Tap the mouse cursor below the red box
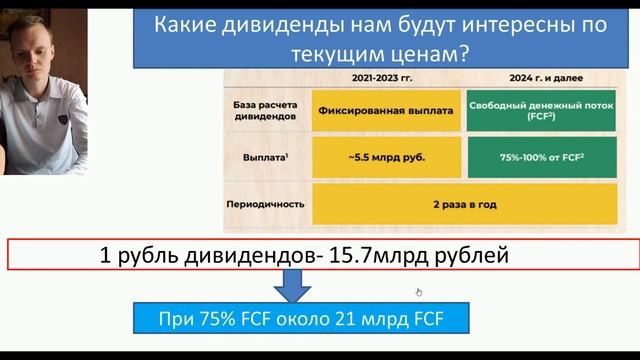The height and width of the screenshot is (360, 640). tap(418, 292)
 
